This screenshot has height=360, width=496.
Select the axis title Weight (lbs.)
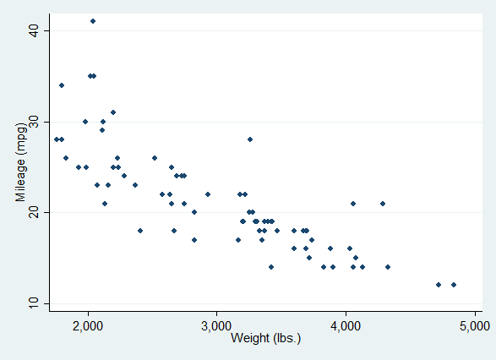(x=265, y=339)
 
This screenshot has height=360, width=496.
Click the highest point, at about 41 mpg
(x=93, y=21)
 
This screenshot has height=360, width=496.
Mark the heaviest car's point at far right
(x=454, y=285)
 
